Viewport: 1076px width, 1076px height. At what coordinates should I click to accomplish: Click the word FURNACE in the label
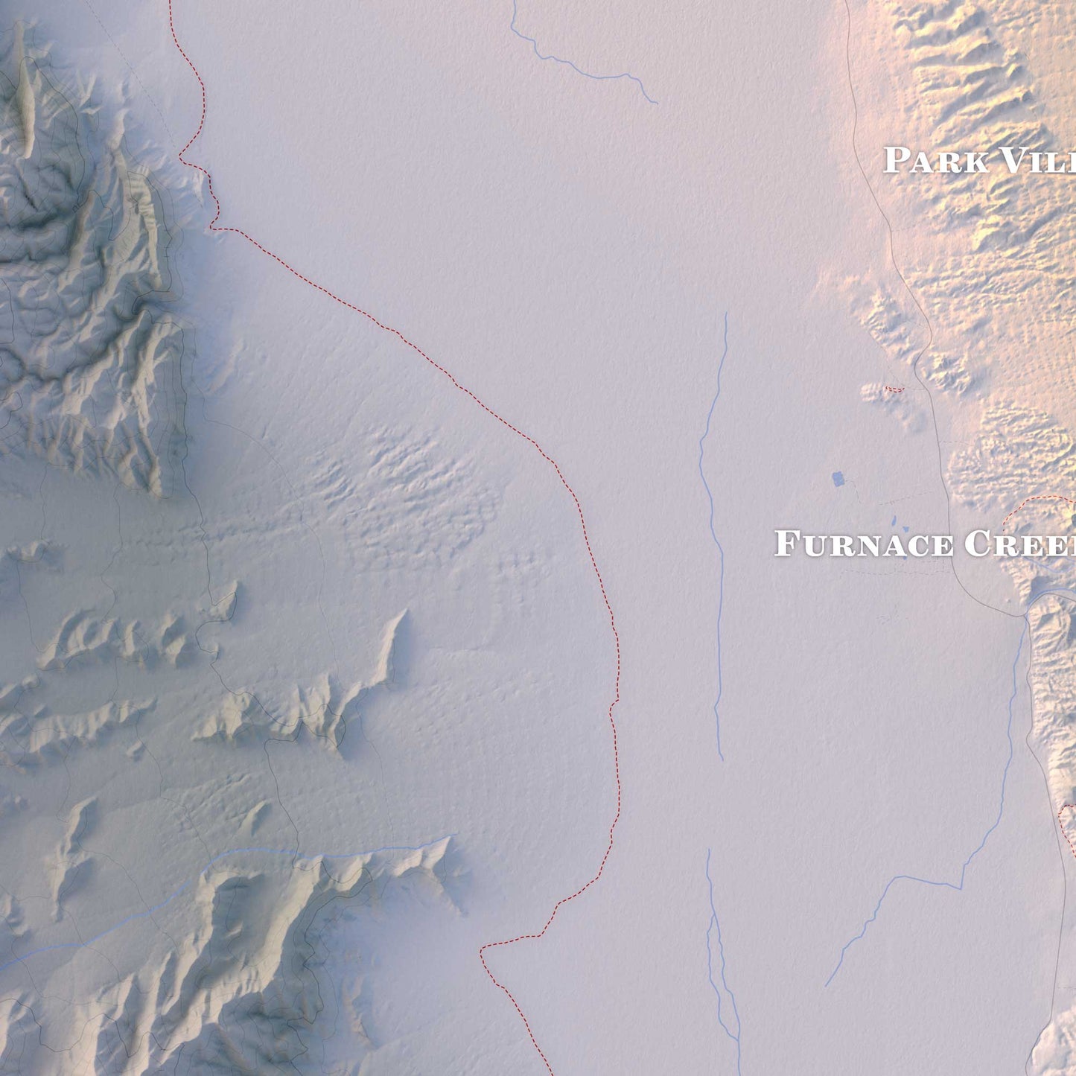864,544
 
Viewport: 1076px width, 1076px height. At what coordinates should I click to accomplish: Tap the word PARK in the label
935,161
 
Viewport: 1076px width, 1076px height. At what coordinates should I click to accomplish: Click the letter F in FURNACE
786,544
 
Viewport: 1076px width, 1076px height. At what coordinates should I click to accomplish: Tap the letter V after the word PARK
1013,161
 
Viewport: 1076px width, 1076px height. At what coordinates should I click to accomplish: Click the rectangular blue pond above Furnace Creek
838,478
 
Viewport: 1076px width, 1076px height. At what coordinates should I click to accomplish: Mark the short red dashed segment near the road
894,389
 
